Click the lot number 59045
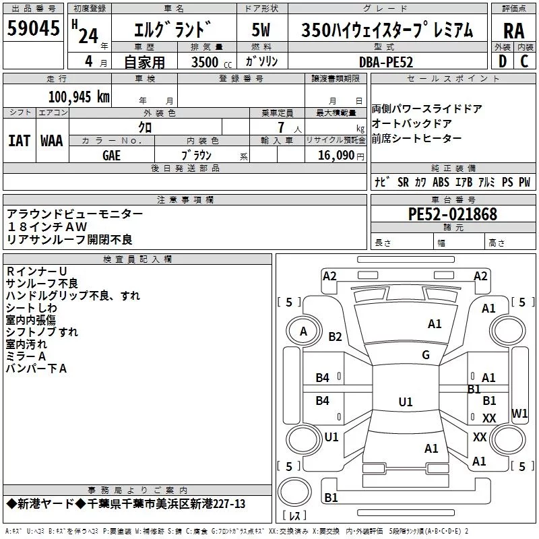pos(33,28)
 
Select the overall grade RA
pos(513,31)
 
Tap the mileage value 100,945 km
pos(79,97)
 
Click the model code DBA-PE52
pos(386,62)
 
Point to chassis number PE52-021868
pos(452,214)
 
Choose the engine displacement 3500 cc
pos(212,62)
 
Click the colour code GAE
pos(111,156)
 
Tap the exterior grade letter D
pos(503,61)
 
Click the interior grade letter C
pos(524,61)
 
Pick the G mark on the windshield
pos(426,354)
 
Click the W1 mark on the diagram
pos(519,413)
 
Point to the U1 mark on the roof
pos(406,402)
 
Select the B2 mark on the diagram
pos(335,336)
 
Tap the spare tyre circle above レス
pos(294,491)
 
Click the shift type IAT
pos(20,141)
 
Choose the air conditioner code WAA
pos(52,141)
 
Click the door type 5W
pos(261,30)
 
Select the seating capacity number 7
pos(281,127)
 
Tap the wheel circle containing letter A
pos(304,331)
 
